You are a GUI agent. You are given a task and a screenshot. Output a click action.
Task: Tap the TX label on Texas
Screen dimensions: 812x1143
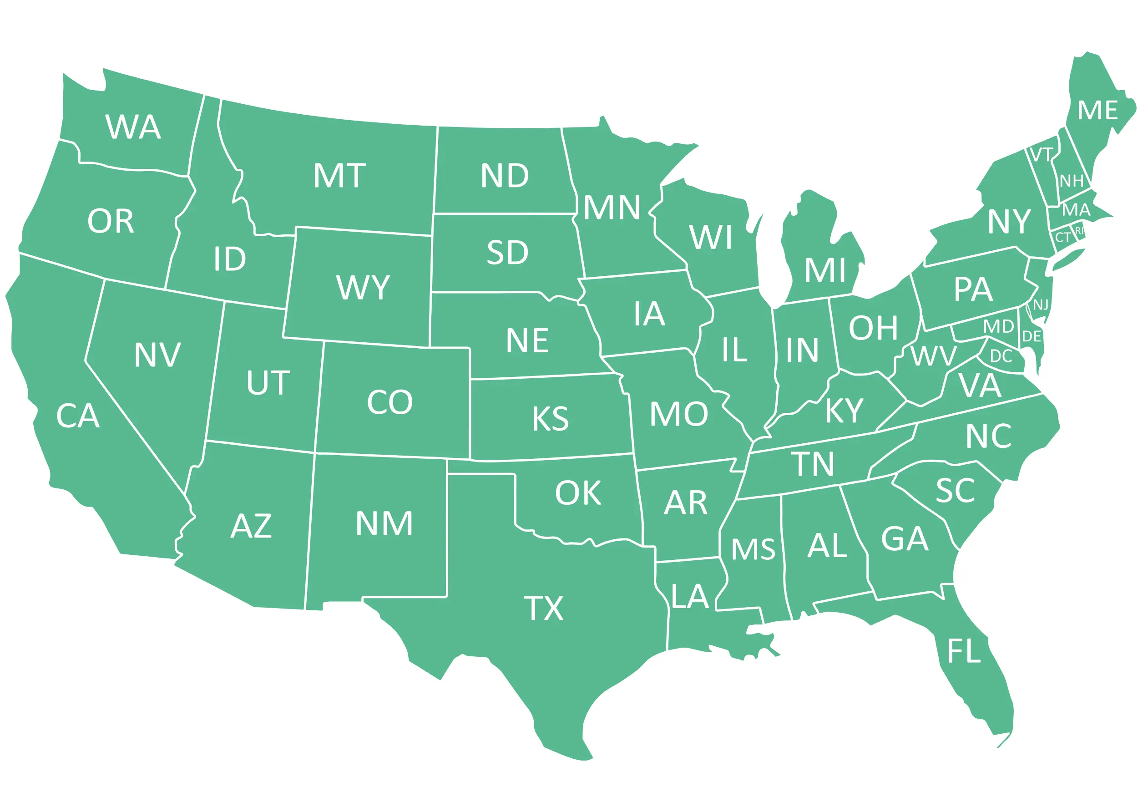tap(543, 608)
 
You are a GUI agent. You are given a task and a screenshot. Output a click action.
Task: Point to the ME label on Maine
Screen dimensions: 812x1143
tap(1097, 111)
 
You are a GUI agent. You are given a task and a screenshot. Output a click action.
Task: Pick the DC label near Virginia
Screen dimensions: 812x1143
tap(1001, 356)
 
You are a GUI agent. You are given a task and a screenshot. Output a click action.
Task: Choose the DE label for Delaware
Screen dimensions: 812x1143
tap(1032, 336)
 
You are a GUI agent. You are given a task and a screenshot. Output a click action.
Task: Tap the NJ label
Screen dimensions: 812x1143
tap(1041, 305)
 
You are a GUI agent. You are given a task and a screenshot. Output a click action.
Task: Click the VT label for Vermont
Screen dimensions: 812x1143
tap(1042, 155)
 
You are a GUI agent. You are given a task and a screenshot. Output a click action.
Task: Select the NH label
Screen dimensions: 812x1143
tap(1072, 181)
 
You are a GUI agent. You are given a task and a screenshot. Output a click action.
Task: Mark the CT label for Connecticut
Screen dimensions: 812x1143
tap(1062, 238)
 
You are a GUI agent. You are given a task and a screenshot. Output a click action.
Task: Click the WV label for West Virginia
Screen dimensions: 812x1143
tap(933, 356)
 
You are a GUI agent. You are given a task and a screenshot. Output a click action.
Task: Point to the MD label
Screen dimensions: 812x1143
tap(999, 327)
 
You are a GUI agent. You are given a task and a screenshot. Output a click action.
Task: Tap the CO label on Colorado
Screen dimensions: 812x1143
tap(390, 402)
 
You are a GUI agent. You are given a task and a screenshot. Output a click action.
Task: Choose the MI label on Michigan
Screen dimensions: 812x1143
tap(824, 270)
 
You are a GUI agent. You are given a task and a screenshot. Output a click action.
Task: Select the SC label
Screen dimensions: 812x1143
tap(955, 491)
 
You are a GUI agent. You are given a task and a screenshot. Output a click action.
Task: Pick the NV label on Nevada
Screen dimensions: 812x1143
tap(157, 355)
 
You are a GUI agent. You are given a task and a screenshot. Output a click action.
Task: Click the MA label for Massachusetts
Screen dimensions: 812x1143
tap(1076, 209)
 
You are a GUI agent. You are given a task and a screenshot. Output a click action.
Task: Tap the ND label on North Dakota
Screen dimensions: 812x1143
tap(505, 176)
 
